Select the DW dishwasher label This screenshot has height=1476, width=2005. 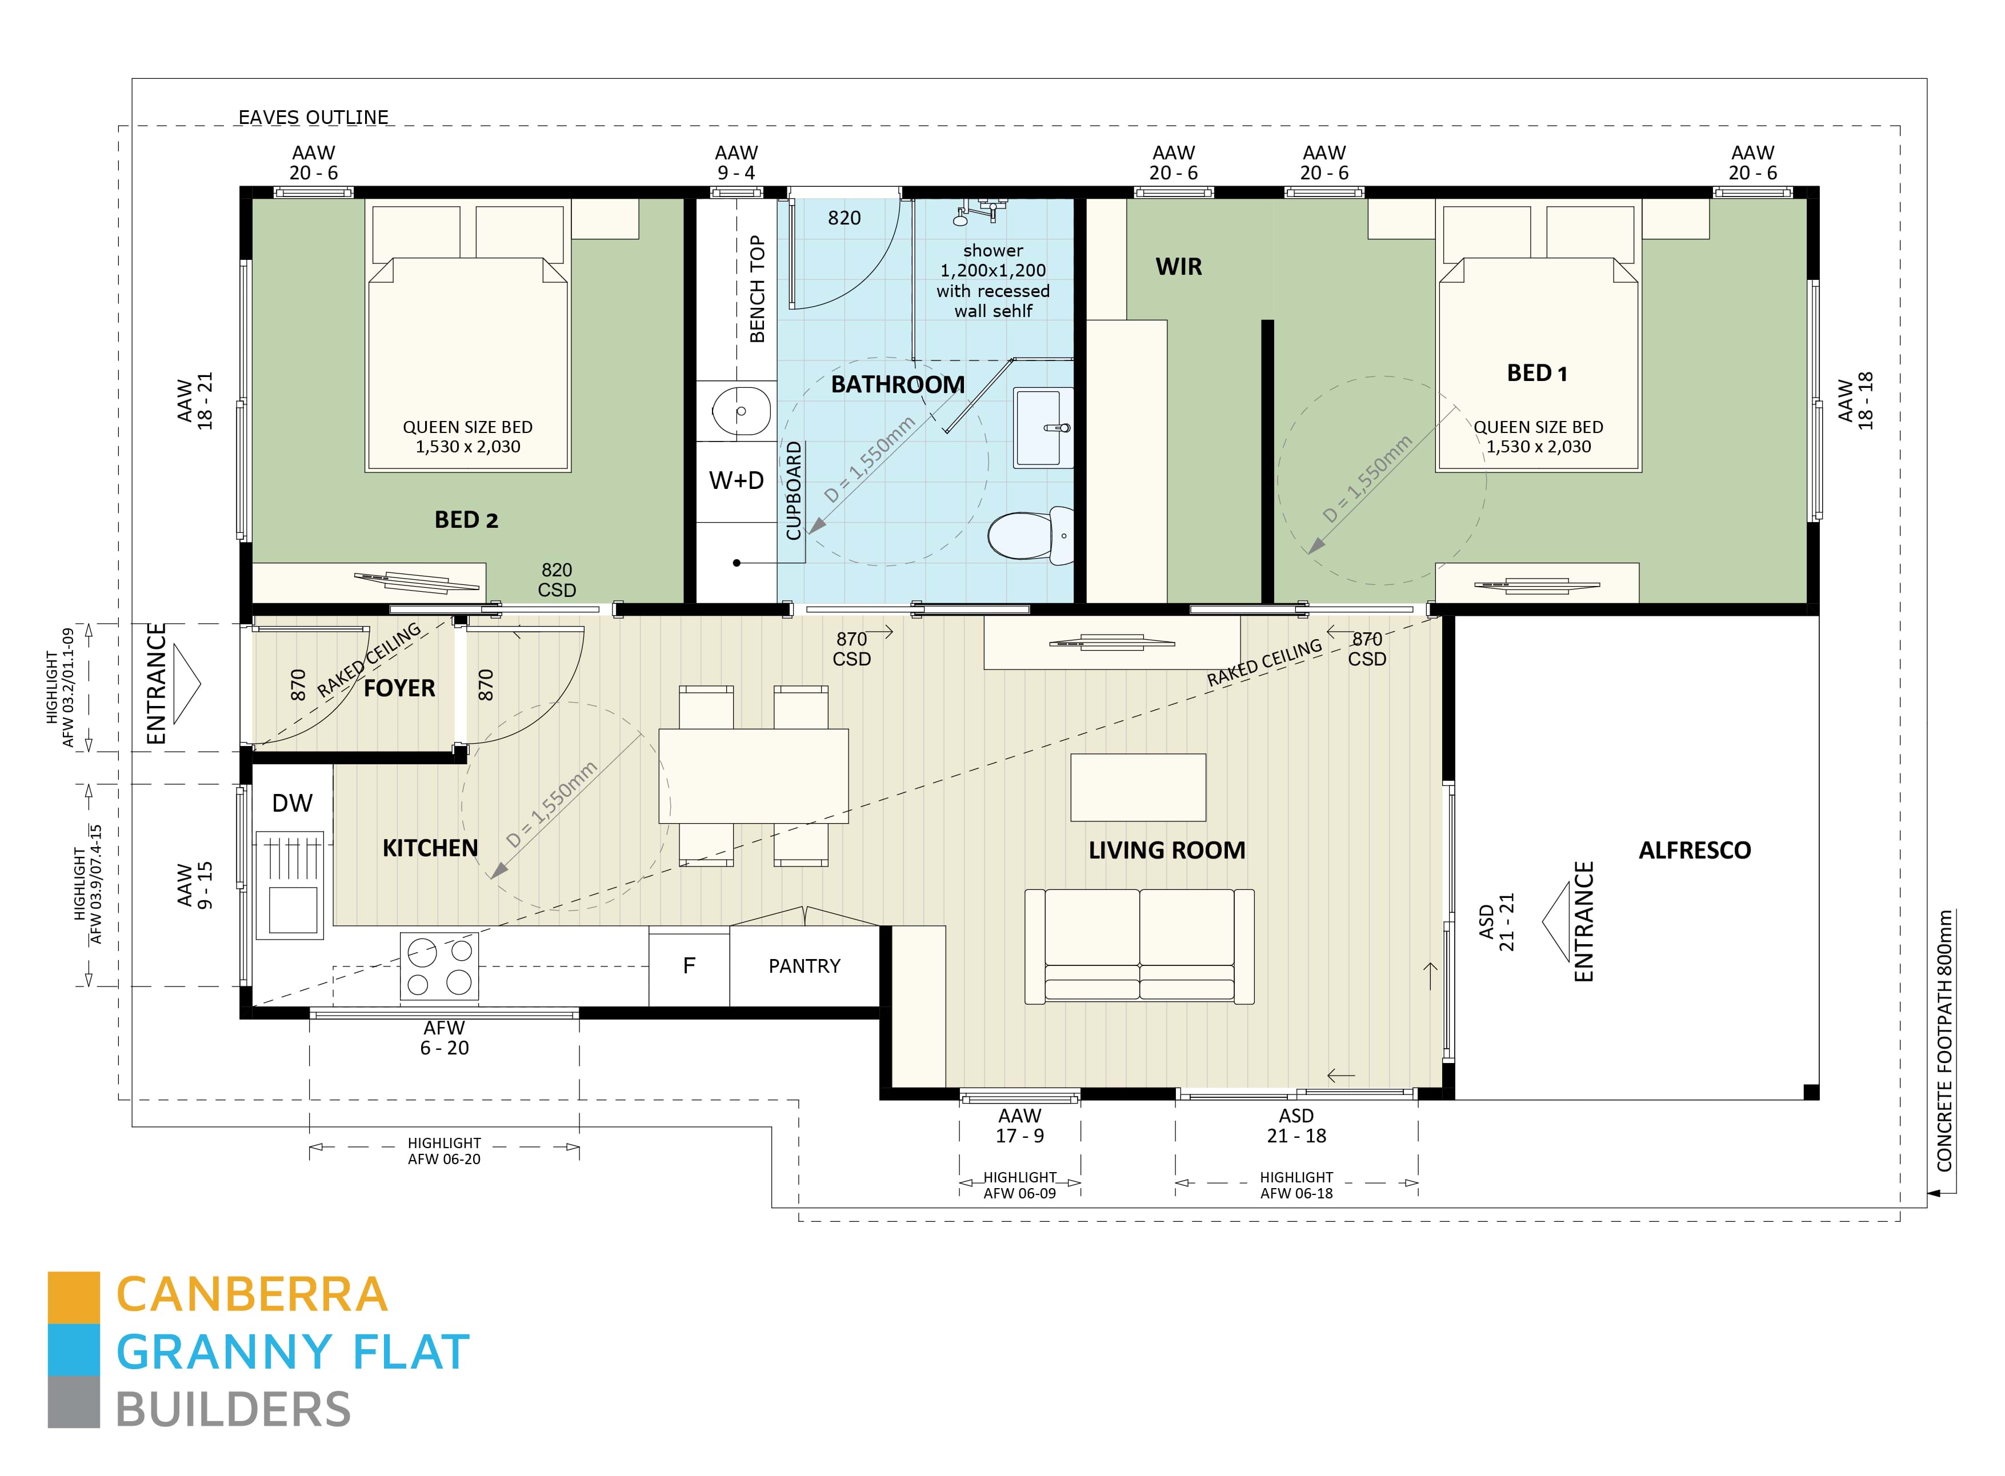[292, 803]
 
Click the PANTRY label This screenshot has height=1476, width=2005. [804, 966]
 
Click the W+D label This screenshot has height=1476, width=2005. [737, 481]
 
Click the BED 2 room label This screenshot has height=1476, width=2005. [466, 520]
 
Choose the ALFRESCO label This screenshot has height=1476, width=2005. [1694, 851]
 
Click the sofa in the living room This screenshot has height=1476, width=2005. [1139, 945]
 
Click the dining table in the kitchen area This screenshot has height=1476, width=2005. [753, 776]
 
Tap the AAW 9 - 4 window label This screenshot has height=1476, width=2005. [737, 163]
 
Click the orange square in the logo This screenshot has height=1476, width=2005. [73, 1297]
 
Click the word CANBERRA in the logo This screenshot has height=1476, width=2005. [252, 1294]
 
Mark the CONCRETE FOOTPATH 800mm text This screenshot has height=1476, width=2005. [1944, 1041]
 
